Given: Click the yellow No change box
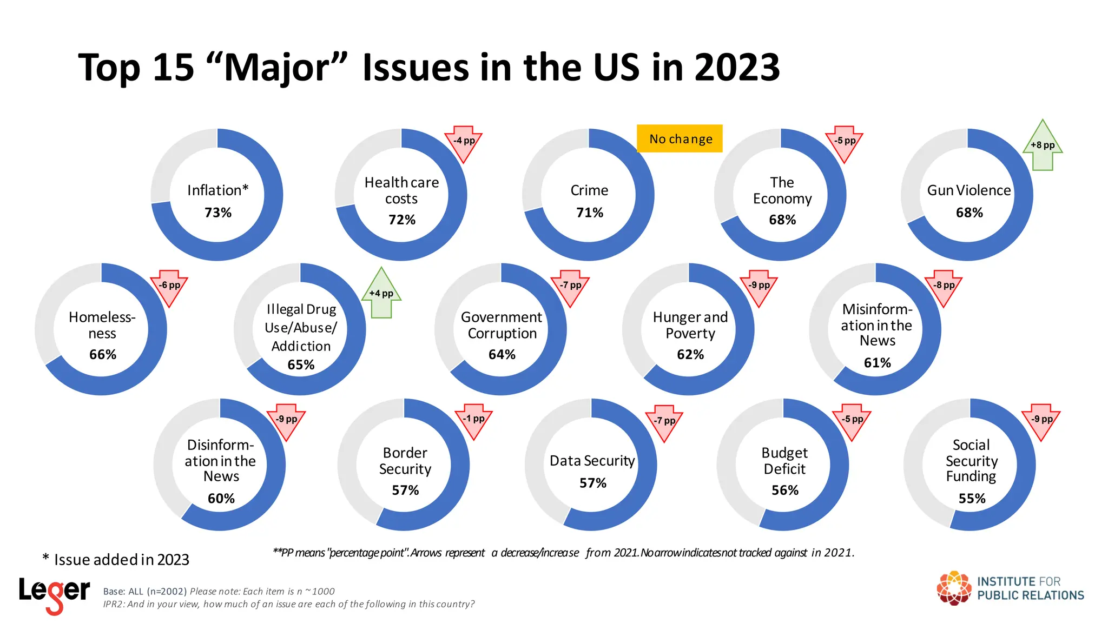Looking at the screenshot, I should pyautogui.click(x=680, y=139).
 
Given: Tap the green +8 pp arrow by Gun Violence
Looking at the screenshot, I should pyautogui.click(x=1042, y=145).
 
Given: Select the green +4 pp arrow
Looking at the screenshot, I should pyautogui.click(x=381, y=294).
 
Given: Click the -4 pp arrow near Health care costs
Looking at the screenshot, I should pyautogui.click(x=464, y=142).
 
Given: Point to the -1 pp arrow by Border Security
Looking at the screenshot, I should pyautogui.click(x=473, y=420).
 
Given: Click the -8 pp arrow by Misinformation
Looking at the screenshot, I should pyautogui.click(x=944, y=287).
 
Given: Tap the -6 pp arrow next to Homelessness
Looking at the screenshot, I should pyautogui.click(x=169, y=287).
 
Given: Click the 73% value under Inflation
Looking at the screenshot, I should pyautogui.click(x=217, y=213).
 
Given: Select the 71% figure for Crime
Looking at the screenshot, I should pyautogui.click(x=589, y=213).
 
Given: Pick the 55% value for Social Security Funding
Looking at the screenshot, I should pyautogui.click(x=972, y=499).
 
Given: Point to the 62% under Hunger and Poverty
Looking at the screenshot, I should pyautogui.click(x=690, y=355).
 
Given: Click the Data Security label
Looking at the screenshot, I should pyautogui.click(x=592, y=461).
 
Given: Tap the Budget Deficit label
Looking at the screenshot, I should pyautogui.click(x=784, y=461).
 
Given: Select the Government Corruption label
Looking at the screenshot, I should pyautogui.click(x=502, y=325).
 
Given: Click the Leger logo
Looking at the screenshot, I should pyautogui.click(x=54, y=594).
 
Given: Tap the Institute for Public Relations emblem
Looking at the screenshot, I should pyautogui.click(x=954, y=588).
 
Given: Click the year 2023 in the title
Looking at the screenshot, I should pyautogui.click(x=737, y=68).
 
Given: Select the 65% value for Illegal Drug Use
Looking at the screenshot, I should pyautogui.click(x=301, y=365).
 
